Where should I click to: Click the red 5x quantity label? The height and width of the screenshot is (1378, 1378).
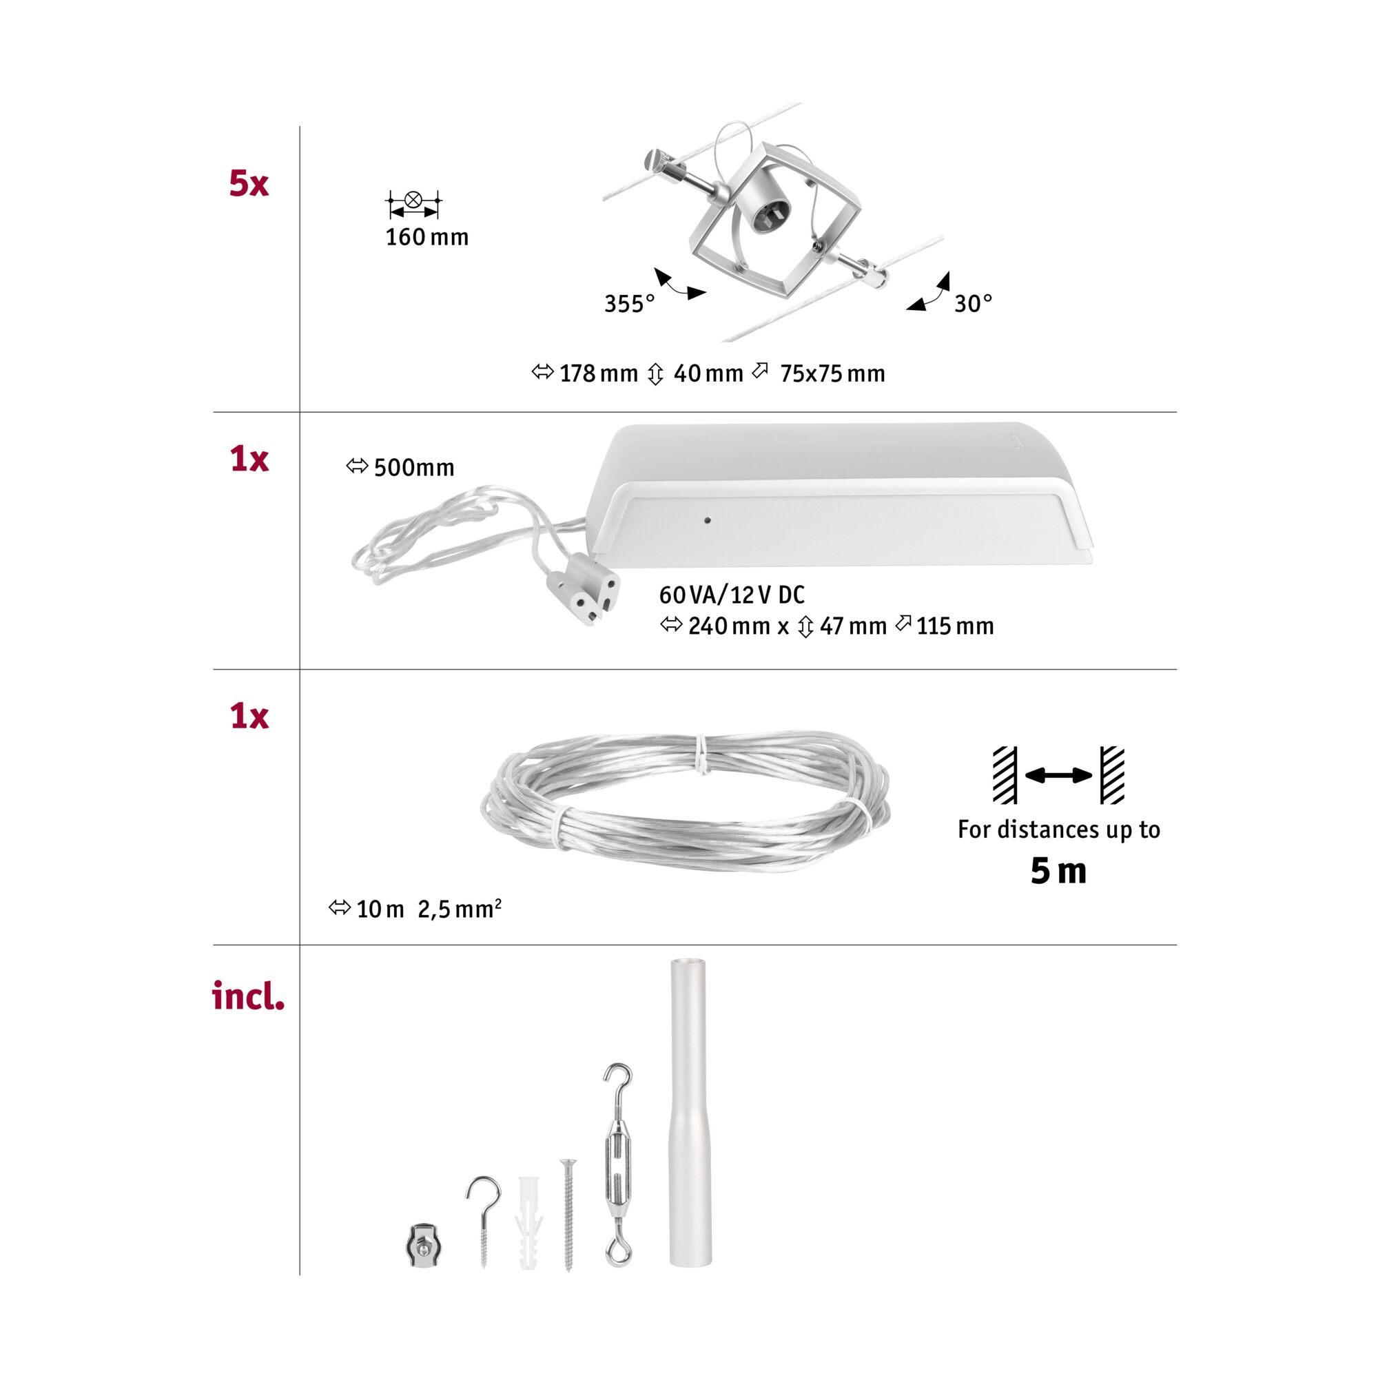(248, 183)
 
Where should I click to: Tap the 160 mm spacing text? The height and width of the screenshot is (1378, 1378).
(426, 237)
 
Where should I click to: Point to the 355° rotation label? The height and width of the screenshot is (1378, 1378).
(628, 304)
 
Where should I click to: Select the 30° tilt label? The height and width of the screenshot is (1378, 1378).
(973, 303)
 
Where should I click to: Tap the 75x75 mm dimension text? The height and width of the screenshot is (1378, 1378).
(832, 373)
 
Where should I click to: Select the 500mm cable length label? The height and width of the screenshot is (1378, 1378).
(413, 467)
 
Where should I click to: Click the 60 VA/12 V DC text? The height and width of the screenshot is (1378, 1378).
(732, 594)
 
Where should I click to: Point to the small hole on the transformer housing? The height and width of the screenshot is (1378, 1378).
(707, 520)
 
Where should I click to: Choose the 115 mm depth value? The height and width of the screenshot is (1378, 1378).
(954, 626)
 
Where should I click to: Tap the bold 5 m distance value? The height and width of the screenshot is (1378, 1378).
(1058, 871)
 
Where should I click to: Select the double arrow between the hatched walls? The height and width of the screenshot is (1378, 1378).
(1058, 775)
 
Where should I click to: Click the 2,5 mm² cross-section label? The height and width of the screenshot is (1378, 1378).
(460, 909)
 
